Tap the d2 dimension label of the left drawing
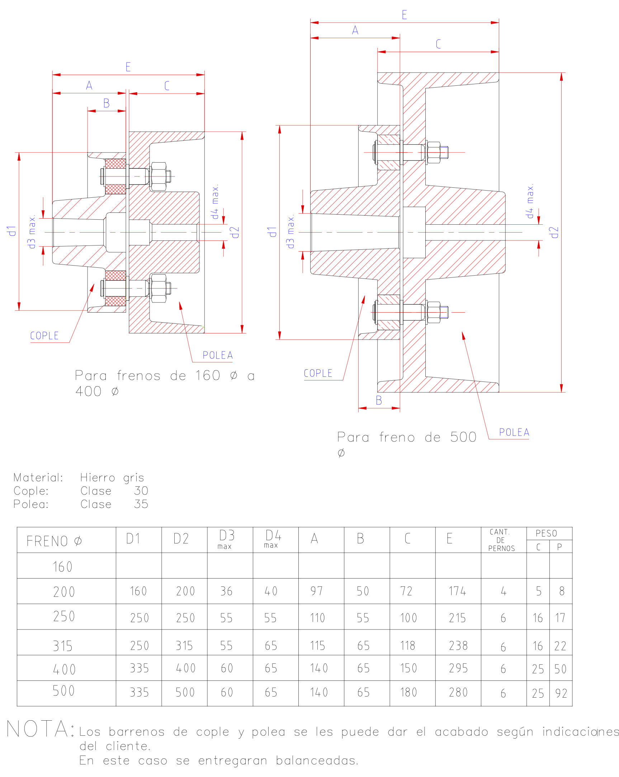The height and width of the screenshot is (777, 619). tap(235, 232)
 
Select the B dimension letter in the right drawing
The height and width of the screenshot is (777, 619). tap(378, 401)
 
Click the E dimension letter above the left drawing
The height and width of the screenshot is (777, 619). tap(128, 67)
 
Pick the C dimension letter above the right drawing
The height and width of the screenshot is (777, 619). tap(438, 44)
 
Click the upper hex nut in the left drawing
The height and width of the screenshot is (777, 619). tap(159, 176)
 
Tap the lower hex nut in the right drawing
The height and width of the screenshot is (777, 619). tap(433, 312)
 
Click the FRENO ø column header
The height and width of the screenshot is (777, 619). tap(54, 541)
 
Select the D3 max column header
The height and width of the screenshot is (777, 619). tap(227, 539)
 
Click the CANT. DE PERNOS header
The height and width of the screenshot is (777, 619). tap(501, 540)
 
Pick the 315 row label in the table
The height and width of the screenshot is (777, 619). tap(63, 646)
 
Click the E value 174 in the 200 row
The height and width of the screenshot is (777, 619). tap(457, 591)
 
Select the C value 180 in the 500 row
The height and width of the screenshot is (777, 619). tap(409, 692)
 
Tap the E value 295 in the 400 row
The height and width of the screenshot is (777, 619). tap(458, 668)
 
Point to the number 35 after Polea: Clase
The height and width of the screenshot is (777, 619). tap(141, 504)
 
